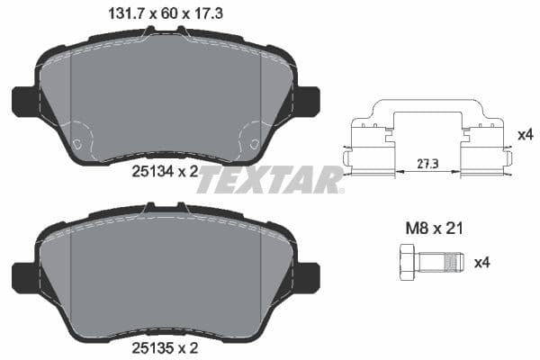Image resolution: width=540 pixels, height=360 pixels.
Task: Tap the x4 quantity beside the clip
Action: [x=525, y=135]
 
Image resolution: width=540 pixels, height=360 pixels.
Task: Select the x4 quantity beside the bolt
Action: [x=481, y=262]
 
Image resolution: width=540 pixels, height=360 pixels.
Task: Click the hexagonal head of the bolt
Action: [x=401, y=262]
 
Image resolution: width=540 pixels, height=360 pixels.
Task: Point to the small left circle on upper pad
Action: [x=77, y=143]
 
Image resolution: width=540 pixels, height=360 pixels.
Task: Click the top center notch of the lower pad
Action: [x=166, y=209]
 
